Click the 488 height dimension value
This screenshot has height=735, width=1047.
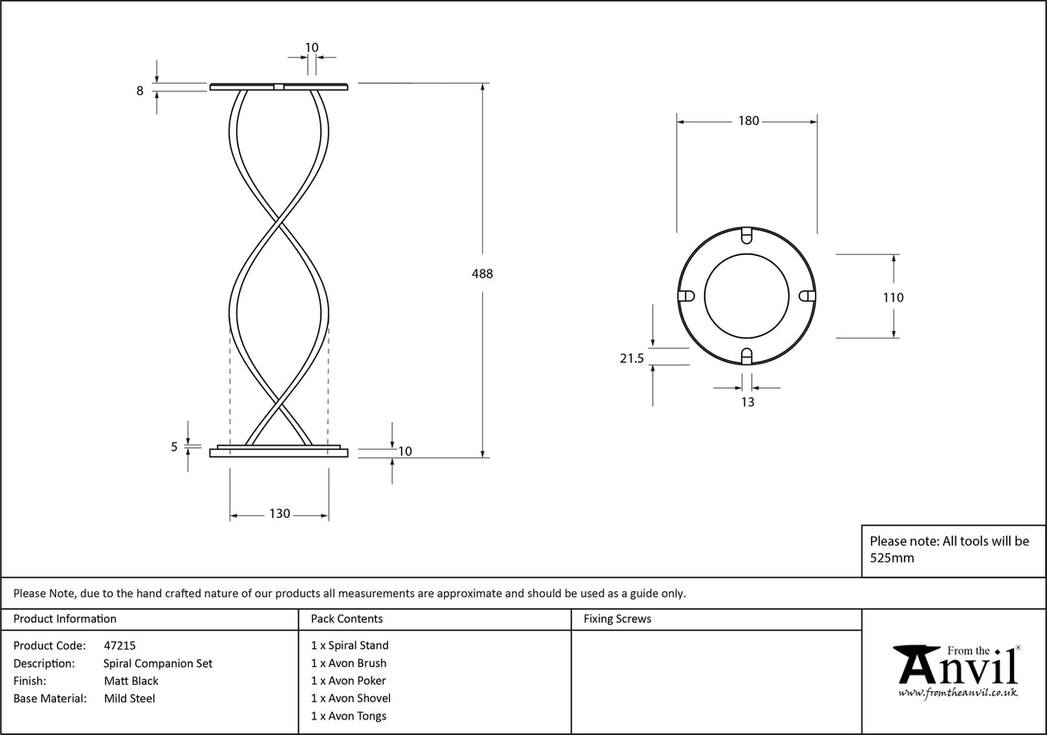coord(483,274)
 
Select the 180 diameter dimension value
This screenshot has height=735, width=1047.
coord(748,121)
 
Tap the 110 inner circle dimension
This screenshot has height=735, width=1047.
coord(893,298)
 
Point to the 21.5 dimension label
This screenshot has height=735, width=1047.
coord(632,359)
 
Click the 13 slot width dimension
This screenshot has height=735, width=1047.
coord(747,402)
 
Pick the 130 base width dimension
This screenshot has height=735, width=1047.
coord(279,514)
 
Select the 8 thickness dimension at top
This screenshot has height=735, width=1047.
coord(140,90)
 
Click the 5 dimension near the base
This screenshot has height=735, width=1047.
coord(174,447)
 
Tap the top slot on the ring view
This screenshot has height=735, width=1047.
coord(748,234)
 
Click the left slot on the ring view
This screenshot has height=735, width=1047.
coord(687,296)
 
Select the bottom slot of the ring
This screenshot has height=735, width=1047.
coord(748,357)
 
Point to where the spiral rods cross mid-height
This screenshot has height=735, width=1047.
coord(279,227)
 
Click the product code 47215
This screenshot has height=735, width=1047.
coord(119,645)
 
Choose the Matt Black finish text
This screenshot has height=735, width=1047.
coord(130,681)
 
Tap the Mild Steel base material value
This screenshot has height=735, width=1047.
coord(129,699)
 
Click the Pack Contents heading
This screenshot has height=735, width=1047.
coord(347,619)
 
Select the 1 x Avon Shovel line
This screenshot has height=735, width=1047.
coord(350,699)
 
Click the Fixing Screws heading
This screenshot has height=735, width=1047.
coord(618,619)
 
